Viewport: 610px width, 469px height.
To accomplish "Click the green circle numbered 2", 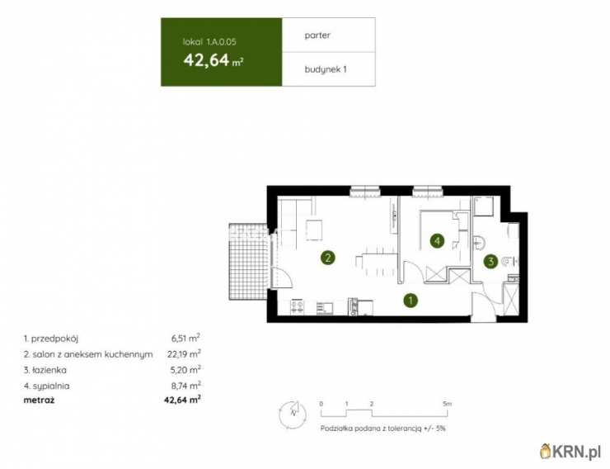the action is pos(328,258).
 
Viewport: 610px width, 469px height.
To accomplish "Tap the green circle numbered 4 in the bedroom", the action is pos(437,241).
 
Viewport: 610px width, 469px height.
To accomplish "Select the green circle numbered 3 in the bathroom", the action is pos(491,262).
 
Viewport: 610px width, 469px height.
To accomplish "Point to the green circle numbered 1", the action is pos(411,301).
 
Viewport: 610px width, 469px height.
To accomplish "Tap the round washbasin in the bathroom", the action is pos(478,242).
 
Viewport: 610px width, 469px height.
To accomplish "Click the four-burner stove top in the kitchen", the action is pos(298,306).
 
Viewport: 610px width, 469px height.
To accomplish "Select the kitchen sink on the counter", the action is pos(325,308).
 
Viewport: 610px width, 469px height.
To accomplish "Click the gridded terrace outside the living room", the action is pos(249,262).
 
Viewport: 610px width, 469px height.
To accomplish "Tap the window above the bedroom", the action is pos(428,191).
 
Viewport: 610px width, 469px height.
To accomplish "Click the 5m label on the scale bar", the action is pos(447,404).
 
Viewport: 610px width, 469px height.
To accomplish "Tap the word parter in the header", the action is pos(317,36).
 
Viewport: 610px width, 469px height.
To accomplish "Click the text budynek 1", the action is pos(326,69).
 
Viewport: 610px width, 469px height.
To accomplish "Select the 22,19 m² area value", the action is pos(184,353).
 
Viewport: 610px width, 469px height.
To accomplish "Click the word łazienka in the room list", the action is pos(49,370).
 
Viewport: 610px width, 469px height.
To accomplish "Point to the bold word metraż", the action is pos(39,400).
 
